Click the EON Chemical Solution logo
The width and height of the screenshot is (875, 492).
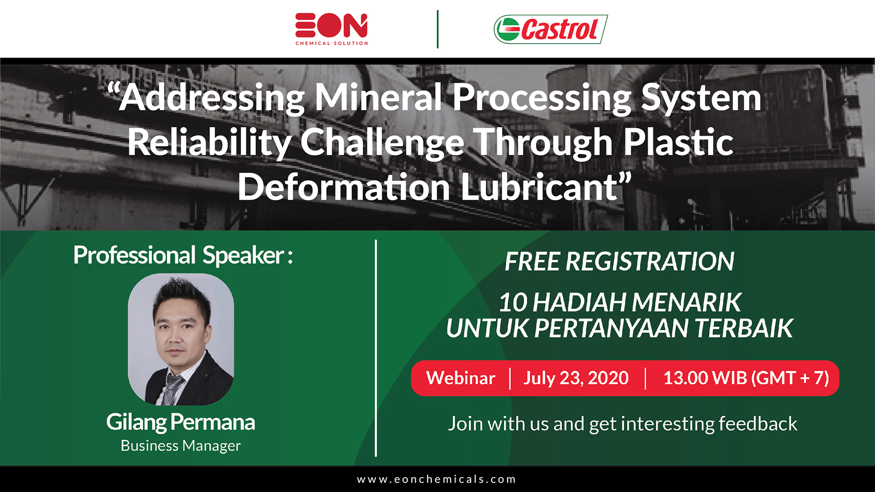point(332,29)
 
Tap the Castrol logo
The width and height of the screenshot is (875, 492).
point(550,29)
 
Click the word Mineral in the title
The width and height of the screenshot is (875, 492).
point(378,97)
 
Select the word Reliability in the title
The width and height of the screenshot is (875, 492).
point(210,143)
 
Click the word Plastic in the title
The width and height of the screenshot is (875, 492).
point(678,142)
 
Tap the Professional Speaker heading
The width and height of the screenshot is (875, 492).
point(183,255)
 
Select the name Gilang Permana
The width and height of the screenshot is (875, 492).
point(181,422)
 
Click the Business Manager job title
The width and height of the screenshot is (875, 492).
point(181,445)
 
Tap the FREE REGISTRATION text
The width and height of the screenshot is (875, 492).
point(619,261)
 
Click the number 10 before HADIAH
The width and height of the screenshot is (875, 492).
point(513,302)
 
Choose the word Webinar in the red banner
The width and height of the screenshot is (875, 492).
point(461,378)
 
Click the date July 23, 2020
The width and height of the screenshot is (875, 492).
point(576,378)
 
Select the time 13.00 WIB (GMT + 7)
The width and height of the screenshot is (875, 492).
point(746,378)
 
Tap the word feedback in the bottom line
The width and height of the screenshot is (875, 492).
point(757,424)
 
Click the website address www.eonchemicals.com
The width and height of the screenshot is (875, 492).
point(437,479)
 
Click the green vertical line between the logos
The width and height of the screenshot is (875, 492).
point(437,29)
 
